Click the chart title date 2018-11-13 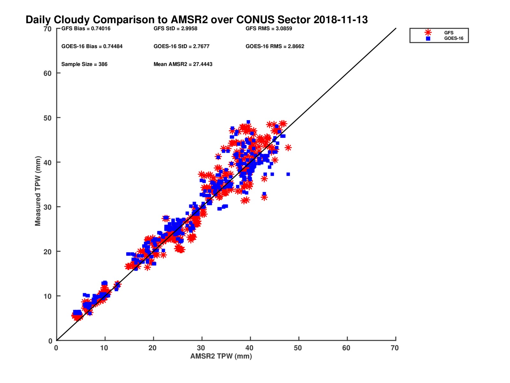(x=340, y=20)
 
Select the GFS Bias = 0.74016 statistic (x=86, y=28)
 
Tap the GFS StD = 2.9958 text (x=175, y=28)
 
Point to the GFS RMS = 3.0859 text (x=269, y=28)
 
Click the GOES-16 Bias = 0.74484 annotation (x=92, y=46)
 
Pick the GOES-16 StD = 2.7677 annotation (x=181, y=46)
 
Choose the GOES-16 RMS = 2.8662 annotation (x=275, y=46)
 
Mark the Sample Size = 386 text (x=84, y=64)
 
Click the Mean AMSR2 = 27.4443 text (x=183, y=64)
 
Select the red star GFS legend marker (x=428, y=33)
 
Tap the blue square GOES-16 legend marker (x=428, y=39)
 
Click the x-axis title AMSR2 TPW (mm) (x=221, y=356)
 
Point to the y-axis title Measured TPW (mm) (x=38, y=191)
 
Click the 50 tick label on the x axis (x=298, y=348)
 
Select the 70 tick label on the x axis (x=395, y=348)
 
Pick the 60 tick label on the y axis (x=47, y=73)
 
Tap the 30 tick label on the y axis (x=47, y=207)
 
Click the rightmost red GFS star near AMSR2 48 (x=288, y=147)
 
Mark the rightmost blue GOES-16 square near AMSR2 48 (x=288, y=174)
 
